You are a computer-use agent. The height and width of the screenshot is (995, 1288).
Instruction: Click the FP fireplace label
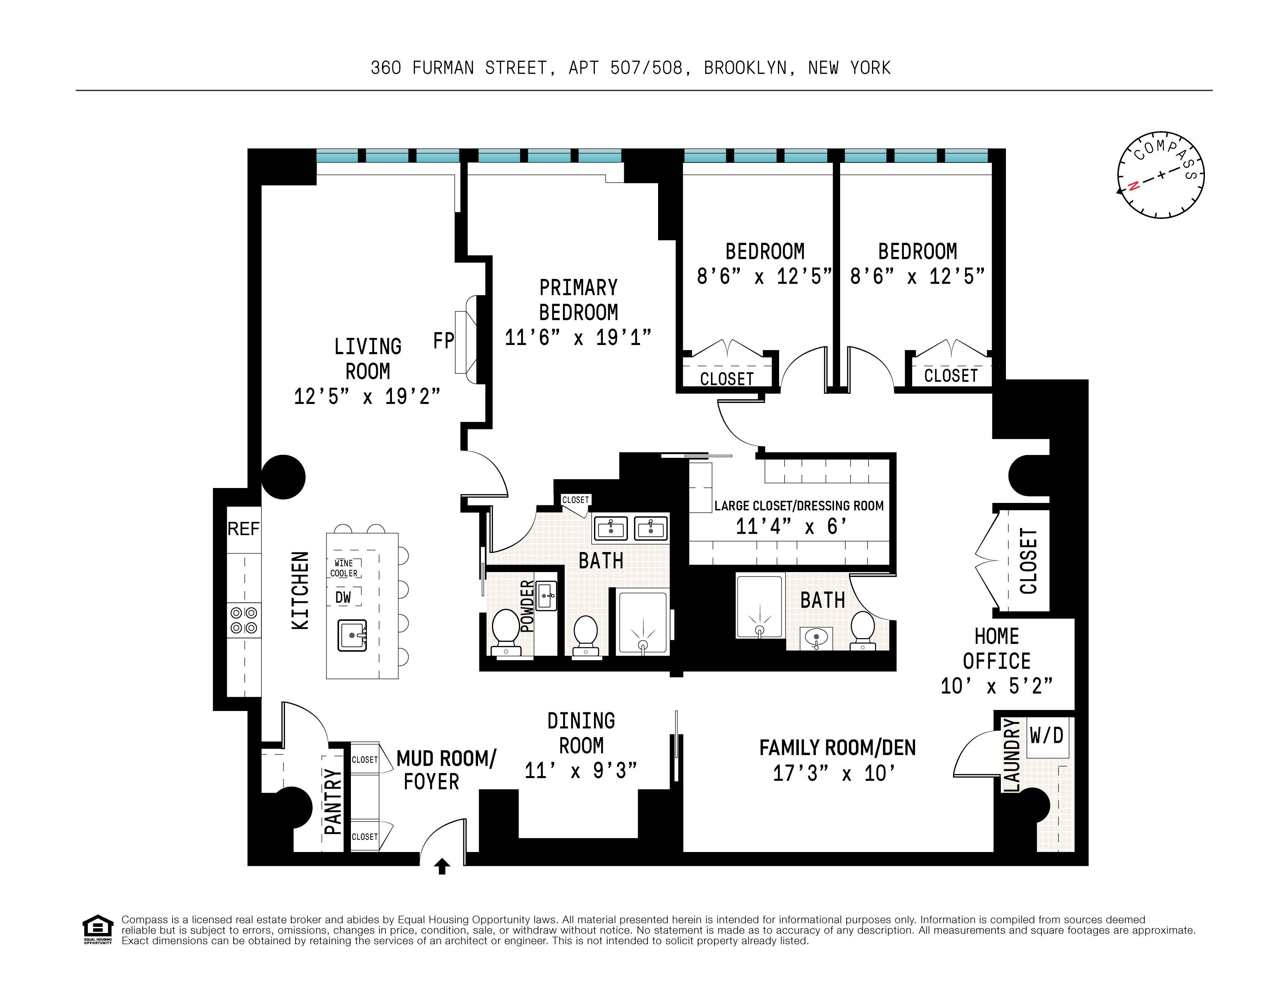(x=443, y=341)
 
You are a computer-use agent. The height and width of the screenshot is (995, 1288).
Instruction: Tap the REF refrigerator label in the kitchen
(x=243, y=529)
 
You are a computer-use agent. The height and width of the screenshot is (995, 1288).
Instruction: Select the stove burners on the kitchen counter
(x=243, y=620)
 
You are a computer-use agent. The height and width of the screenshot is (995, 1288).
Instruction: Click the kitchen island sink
(x=352, y=635)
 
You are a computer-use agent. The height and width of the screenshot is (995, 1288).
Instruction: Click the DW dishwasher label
(x=343, y=597)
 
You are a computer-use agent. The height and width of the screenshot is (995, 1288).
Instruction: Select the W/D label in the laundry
(x=1046, y=735)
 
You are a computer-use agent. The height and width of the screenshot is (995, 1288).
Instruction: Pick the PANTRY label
(x=333, y=801)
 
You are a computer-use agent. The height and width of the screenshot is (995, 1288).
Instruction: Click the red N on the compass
(x=1133, y=186)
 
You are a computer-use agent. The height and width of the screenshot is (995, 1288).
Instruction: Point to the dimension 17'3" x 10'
(x=834, y=773)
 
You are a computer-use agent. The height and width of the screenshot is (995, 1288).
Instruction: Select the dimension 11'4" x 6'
(x=791, y=526)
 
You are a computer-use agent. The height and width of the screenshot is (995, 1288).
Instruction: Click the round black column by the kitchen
(x=283, y=477)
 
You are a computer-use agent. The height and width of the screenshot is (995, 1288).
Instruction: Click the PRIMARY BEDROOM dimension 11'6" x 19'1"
(x=578, y=337)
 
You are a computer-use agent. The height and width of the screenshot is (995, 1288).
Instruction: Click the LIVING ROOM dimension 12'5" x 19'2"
(x=367, y=396)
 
